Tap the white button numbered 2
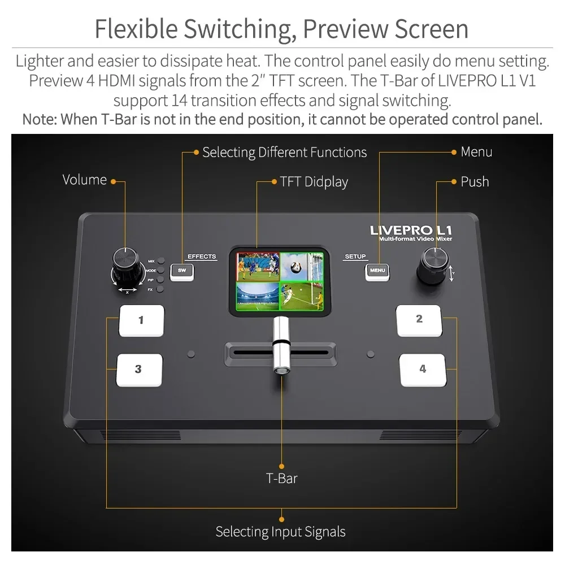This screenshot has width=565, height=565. tap(419, 320)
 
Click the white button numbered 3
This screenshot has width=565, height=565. tap(139, 370)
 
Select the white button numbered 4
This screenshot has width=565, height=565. tap(423, 370)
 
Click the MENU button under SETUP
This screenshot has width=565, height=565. tap(377, 271)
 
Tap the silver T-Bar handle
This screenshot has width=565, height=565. tap(280, 345)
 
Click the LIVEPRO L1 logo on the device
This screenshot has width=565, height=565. tap(411, 230)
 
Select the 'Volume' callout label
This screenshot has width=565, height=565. tap(84, 180)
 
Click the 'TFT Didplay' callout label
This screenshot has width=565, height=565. tap(314, 182)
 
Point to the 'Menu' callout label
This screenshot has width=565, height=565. tap(476, 151)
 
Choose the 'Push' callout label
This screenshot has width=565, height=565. tap(475, 182)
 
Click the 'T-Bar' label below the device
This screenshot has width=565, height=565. tap(281, 478)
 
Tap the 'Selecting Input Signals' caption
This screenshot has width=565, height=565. tap(280, 532)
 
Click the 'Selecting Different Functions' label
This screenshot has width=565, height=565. tap(284, 153)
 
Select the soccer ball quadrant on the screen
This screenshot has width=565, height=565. tap(302, 265)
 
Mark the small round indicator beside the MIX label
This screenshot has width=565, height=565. tap(161, 261)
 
